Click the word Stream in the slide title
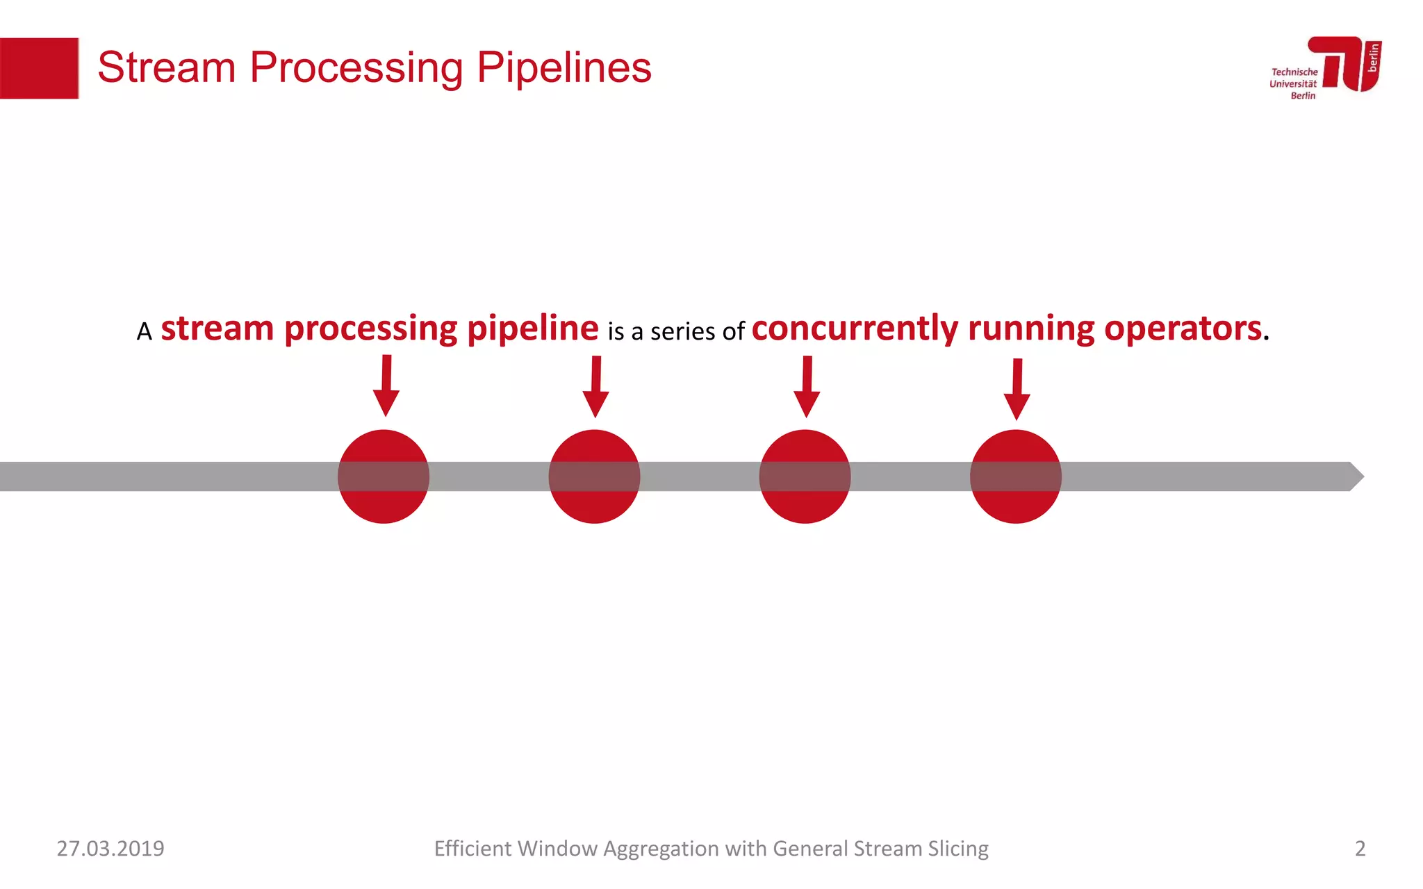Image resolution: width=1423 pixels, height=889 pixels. (x=167, y=68)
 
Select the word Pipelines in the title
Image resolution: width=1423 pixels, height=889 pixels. (x=564, y=68)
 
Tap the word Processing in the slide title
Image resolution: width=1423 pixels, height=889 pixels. (x=356, y=68)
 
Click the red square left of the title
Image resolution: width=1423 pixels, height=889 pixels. (x=39, y=68)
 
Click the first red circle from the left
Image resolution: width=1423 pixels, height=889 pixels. (x=384, y=476)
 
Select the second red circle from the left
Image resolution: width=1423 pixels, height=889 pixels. (x=594, y=476)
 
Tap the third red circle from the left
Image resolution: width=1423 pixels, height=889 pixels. (x=805, y=476)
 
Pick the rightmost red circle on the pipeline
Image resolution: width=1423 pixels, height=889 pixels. (x=1015, y=476)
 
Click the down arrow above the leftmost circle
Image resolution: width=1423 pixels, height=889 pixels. (x=386, y=386)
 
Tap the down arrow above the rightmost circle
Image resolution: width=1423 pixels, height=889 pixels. (x=1017, y=390)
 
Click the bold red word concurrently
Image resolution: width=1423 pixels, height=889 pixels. (x=855, y=329)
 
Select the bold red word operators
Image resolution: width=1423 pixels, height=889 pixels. (x=1183, y=329)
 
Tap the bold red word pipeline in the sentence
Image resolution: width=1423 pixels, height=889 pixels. (x=532, y=329)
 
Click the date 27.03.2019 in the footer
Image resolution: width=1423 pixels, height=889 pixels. (x=110, y=849)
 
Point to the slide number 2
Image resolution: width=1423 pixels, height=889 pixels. (x=1360, y=849)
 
